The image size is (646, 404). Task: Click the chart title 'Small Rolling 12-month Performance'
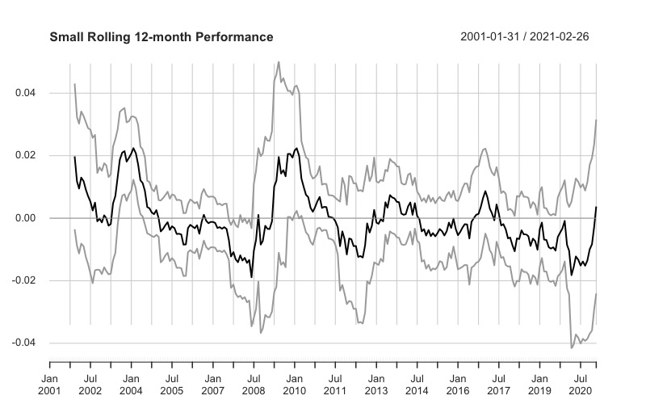161,37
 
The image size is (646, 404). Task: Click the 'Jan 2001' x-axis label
49,383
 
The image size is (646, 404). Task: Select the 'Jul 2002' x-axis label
90,383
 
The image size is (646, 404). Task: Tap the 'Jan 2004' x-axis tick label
131,383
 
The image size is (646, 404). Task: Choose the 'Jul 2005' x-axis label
171,383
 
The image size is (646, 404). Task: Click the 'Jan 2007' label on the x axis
212,383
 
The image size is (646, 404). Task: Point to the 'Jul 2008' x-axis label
254,383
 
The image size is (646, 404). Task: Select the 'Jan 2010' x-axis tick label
295,383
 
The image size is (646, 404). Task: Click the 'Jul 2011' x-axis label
335,383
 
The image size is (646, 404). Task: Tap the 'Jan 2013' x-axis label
376,383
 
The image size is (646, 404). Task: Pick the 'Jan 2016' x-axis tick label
458,383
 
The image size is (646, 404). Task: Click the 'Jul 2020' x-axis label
580,383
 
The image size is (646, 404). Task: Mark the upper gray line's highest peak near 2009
279,61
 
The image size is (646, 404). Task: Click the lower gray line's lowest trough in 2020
572,348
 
